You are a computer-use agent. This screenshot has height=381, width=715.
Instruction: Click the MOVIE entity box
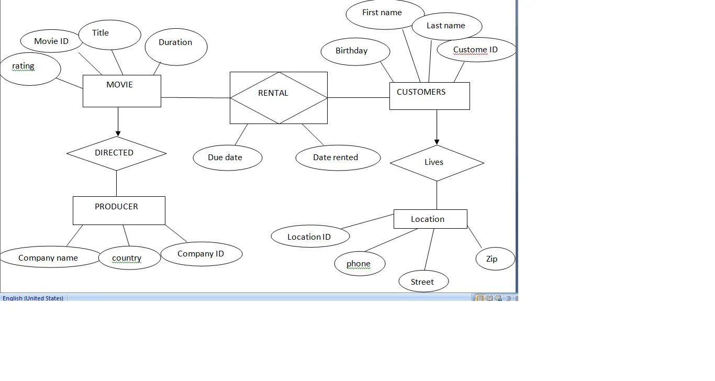[x=121, y=91]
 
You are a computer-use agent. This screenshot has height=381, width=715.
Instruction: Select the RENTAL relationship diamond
[x=278, y=98]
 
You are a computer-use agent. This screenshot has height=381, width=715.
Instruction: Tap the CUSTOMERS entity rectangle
[x=429, y=96]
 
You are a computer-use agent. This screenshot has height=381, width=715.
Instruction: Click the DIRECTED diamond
[x=116, y=153]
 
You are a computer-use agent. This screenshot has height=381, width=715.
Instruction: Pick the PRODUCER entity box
[x=119, y=210]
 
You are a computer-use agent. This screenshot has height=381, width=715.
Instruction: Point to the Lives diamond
[x=437, y=163]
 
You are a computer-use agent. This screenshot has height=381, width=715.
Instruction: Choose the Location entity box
[x=430, y=219]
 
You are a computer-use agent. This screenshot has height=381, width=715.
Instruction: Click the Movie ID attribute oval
[x=51, y=41]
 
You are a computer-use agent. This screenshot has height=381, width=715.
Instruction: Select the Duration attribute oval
[x=175, y=47]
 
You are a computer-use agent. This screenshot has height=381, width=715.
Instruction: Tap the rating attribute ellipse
[x=29, y=69]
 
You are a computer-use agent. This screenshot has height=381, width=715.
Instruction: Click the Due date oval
[x=227, y=158]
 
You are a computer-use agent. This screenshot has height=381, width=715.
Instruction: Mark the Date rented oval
[x=338, y=158]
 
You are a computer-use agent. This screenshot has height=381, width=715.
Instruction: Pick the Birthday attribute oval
[x=355, y=52]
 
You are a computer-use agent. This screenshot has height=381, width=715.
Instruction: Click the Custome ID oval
[x=476, y=50]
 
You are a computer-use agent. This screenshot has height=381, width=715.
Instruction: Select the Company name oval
[x=49, y=257]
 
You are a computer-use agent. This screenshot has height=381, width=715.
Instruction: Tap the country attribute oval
[x=129, y=258]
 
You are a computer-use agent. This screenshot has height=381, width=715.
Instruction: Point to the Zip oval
[x=495, y=259]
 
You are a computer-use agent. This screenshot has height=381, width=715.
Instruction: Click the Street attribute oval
[x=423, y=282]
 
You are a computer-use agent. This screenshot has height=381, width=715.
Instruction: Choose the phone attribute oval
[x=360, y=264]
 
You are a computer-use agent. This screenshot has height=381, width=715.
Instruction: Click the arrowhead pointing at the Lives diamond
[x=437, y=142]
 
